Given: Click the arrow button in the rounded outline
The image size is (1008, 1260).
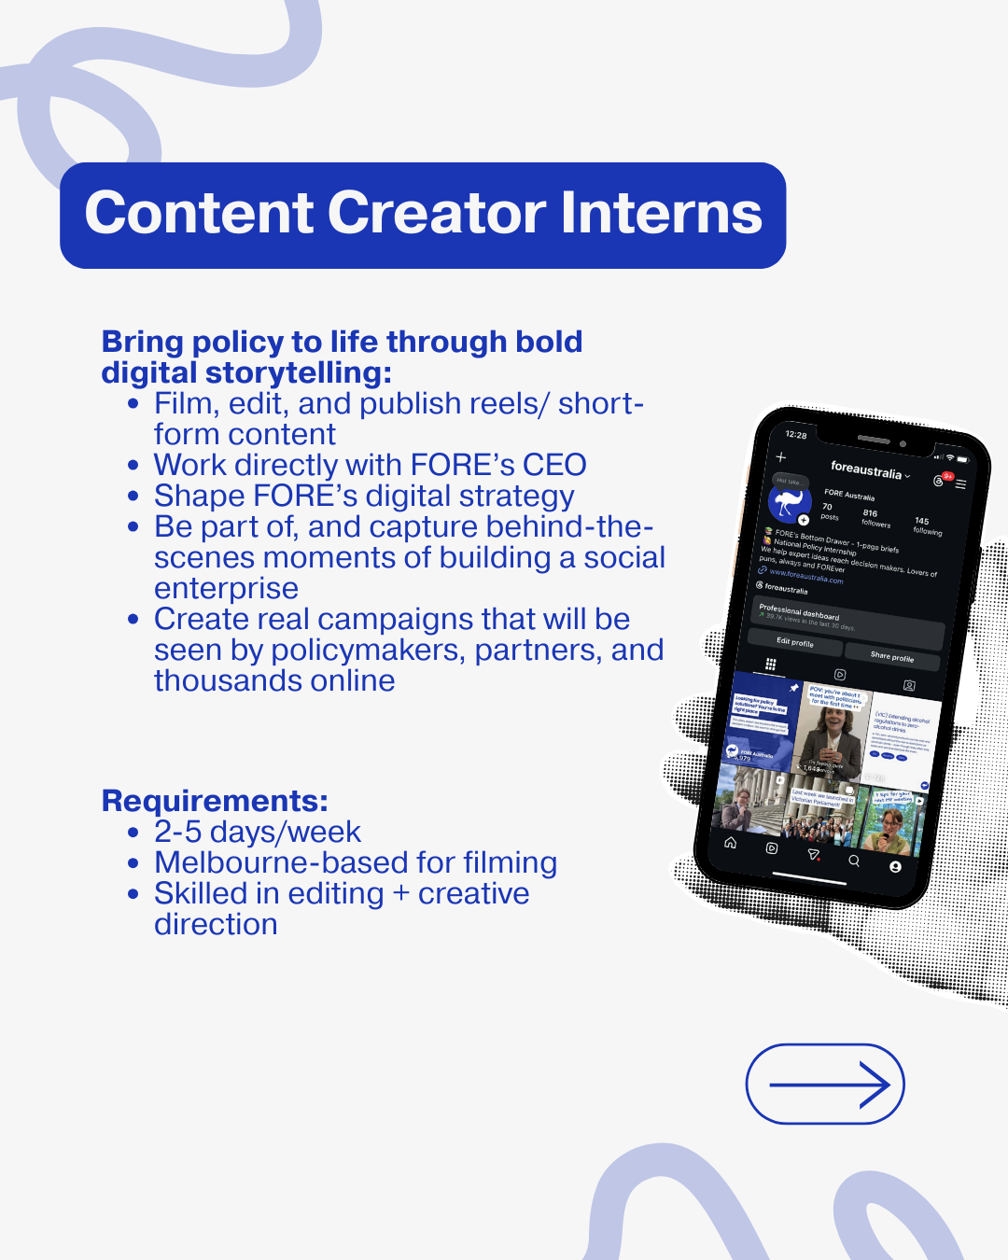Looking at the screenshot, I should (x=825, y=1084).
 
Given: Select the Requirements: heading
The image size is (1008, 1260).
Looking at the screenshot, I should (x=215, y=801).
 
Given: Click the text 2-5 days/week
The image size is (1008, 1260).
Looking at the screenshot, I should (x=258, y=832).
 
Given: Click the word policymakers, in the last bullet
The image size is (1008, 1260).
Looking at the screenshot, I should (x=360, y=650).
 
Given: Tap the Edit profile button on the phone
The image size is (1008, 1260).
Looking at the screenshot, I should (x=795, y=642).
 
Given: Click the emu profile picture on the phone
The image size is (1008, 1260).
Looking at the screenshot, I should (x=790, y=501).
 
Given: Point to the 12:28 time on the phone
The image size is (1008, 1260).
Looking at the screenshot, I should (x=796, y=435).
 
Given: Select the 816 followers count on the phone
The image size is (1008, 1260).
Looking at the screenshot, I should (x=875, y=518).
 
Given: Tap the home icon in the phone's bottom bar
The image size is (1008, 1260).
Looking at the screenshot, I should (x=731, y=842).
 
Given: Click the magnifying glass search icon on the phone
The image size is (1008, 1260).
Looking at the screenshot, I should (x=854, y=861).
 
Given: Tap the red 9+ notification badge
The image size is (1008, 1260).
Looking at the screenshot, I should (x=948, y=476).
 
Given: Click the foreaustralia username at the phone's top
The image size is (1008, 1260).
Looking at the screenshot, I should (x=866, y=469).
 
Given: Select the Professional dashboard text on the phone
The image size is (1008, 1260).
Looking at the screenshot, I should (x=799, y=611).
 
